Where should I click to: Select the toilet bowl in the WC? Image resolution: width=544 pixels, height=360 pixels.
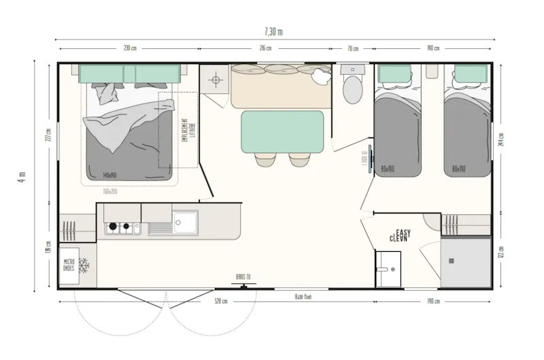click(352, 89)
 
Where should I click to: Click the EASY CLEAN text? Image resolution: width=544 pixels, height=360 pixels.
click(399, 235)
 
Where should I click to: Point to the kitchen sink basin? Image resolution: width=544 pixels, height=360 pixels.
click(184, 220)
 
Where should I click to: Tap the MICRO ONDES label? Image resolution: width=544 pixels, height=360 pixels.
click(69, 265)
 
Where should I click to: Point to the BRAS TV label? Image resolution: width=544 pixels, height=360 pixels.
click(242, 278)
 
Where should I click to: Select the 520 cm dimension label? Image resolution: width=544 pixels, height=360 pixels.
click(220, 301)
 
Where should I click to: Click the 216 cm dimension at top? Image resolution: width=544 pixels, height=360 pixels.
click(265, 48)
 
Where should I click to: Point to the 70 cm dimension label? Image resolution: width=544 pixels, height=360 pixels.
click(352, 48)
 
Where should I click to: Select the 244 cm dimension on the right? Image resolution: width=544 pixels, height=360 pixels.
click(501, 139)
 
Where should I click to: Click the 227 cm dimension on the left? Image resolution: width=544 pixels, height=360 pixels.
click(48, 135)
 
